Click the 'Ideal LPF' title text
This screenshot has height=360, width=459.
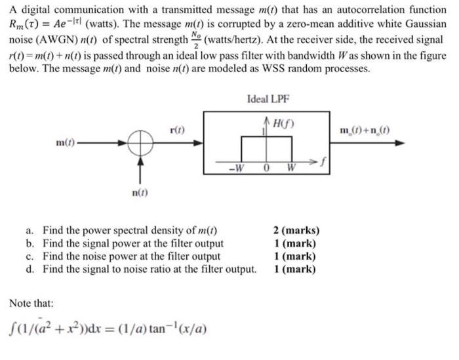point(268,99)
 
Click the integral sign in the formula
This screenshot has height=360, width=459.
point(12,326)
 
